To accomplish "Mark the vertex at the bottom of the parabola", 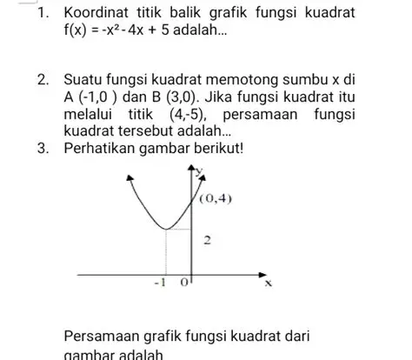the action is point(165,230).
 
